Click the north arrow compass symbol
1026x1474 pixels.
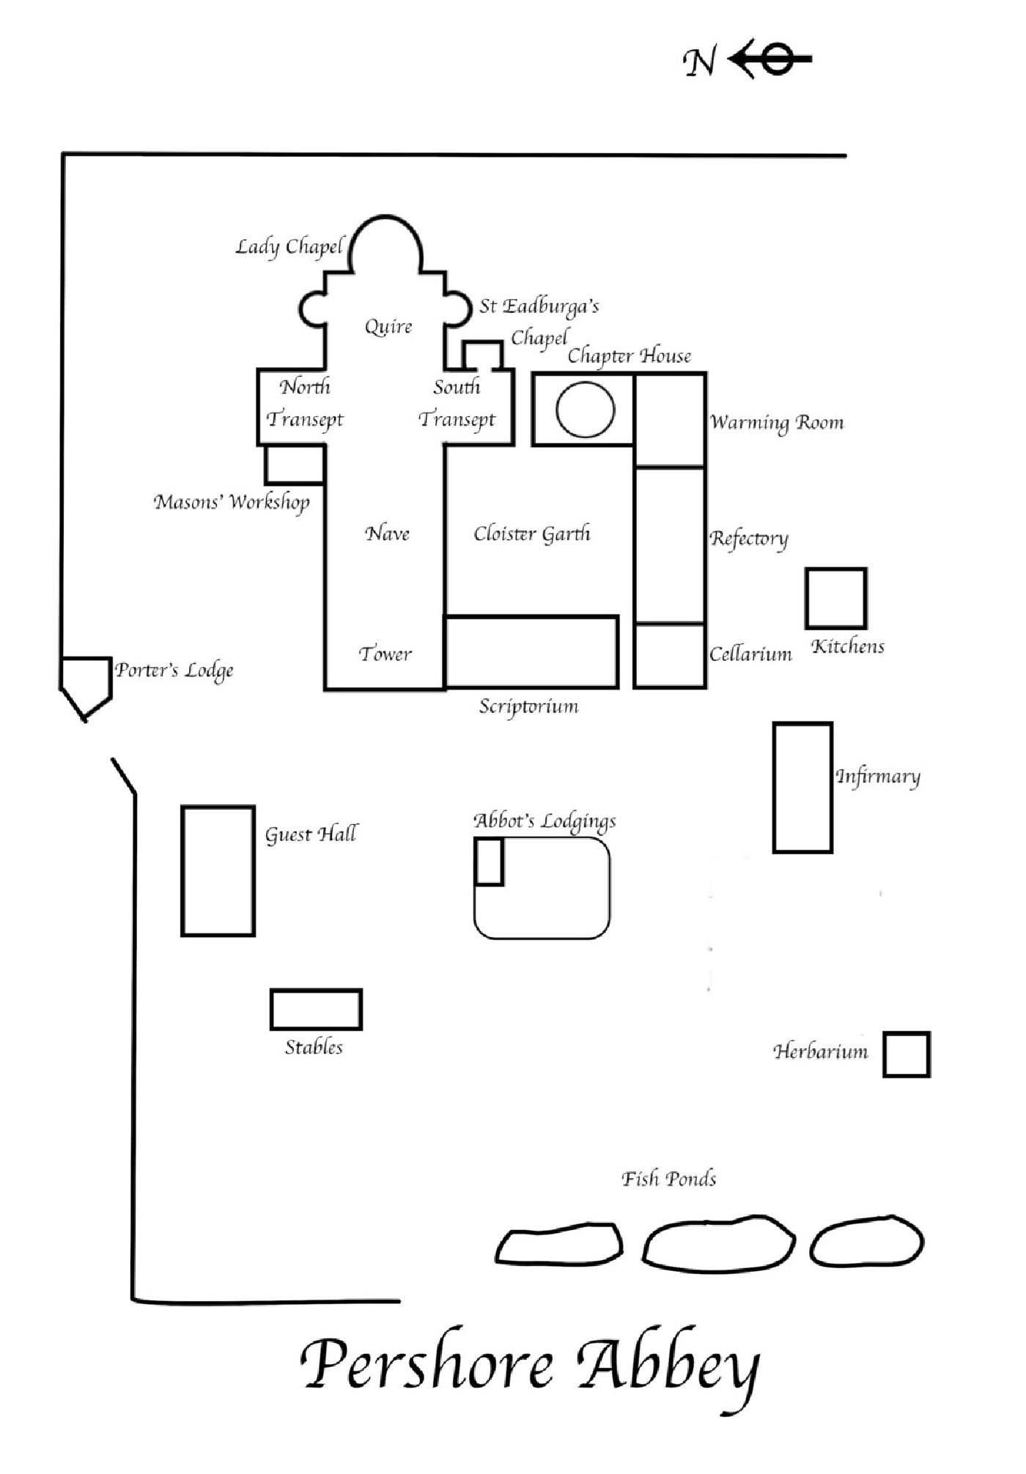769,59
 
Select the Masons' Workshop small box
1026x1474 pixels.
266,464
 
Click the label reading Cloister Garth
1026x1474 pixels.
532,533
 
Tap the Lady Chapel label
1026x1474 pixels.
289,247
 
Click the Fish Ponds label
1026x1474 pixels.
669,1179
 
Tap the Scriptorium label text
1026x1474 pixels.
529,707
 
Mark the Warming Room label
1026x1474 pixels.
777,423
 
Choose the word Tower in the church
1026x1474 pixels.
385,653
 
